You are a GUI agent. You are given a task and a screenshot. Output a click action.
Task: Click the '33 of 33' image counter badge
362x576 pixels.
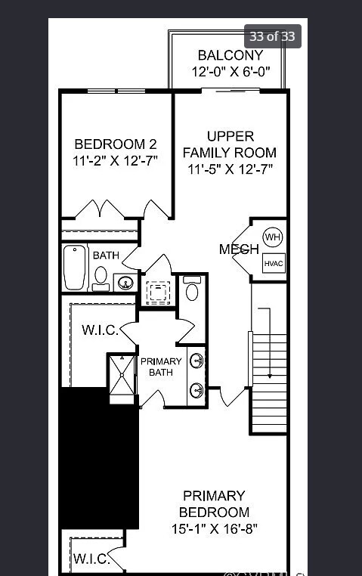pyautogui.click(x=273, y=36)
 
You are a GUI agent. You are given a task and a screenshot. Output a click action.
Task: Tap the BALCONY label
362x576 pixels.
pyautogui.click(x=230, y=55)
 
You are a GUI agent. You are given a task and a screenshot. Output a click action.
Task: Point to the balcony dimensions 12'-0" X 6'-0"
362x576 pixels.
pyautogui.click(x=230, y=73)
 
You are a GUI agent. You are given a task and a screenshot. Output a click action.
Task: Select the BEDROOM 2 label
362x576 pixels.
pyautogui.click(x=116, y=144)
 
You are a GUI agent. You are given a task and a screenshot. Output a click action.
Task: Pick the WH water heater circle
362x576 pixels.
pyautogui.click(x=272, y=237)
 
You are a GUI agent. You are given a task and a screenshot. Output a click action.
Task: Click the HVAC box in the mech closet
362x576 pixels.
pyautogui.click(x=273, y=263)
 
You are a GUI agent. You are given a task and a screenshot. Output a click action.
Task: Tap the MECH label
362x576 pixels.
pyautogui.click(x=239, y=249)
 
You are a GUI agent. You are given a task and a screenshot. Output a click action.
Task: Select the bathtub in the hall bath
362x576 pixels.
pyautogui.click(x=75, y=267)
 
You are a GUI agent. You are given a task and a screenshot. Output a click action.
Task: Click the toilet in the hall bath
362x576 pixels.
pyautogui.click(x=101, y=277)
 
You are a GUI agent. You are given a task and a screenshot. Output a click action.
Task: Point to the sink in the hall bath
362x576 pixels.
pyautogui.click(x=126, y=283)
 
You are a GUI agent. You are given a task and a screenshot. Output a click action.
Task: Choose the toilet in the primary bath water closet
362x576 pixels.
pyautogui.click(x=191, y=291)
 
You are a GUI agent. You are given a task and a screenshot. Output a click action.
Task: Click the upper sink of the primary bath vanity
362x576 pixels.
pyautogui.click(x=196, y=361)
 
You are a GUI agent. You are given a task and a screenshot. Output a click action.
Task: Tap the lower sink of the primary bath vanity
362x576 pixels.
pyautogui.click(x=196, y=390)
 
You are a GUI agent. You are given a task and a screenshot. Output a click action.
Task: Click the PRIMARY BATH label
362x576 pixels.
pyautogui.click(x=161, y=367)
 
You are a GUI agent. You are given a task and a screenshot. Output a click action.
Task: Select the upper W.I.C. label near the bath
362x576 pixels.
pyautogui.click(x=97, y=330)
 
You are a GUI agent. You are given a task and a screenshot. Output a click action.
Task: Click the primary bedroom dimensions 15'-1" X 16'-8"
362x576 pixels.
pyautogui.click(x=215, y=529)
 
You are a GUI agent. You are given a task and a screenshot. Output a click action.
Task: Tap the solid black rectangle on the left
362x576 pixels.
pyautogui.click(x=99, y=458)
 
